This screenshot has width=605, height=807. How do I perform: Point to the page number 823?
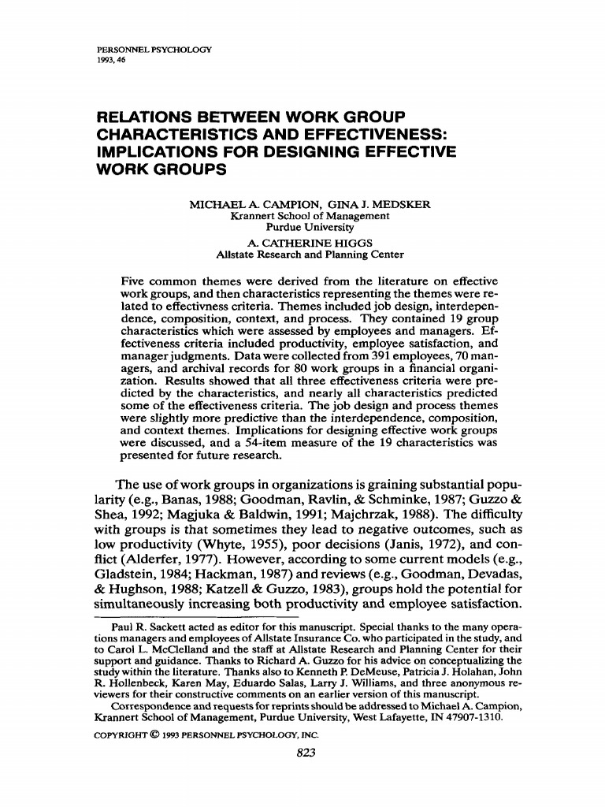303,753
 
